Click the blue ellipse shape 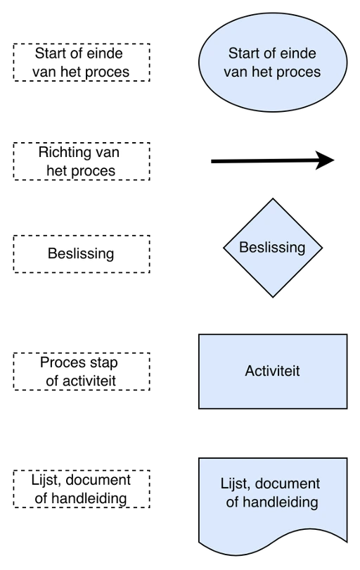pos(273,62)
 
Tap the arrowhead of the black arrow pos(325,160)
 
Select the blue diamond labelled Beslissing pos(273,248)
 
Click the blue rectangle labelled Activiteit pos(273,371)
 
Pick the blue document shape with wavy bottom pos(273,505)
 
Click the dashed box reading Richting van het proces pos(82,161)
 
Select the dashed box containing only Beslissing pos(82,254)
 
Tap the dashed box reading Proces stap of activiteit pos(82,371)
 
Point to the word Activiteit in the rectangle pos(272,371)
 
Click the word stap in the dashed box pos(105,363)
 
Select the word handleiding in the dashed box pos(94,498)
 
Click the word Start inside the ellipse pos(244,53)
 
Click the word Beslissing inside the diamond pos(272,248)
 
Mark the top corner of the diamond pos(273,198)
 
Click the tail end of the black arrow pos(212,161)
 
